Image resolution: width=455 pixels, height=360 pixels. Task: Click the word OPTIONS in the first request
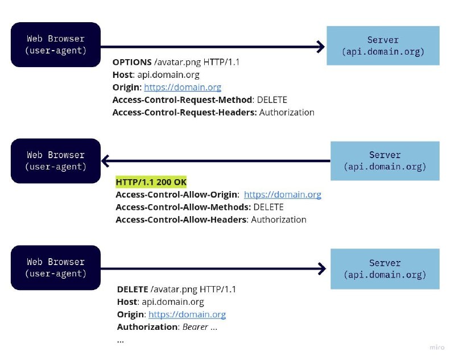[132, 62]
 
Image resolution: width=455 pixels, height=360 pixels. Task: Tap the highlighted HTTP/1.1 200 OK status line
[151, 182]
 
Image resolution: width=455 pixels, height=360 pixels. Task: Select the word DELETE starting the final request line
[133, 289]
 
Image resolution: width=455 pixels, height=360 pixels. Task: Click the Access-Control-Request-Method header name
[182, 100]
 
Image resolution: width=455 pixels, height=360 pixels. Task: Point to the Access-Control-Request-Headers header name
[184, 112]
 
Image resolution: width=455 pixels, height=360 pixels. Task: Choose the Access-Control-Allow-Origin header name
[176, 195]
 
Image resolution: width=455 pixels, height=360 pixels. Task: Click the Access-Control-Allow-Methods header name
[183, 207]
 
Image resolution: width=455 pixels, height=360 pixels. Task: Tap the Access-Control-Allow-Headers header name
[181, 220]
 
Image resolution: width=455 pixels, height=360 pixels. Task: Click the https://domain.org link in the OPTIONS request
[183, 87]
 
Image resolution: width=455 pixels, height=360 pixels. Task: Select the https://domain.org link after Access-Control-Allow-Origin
[282, 195]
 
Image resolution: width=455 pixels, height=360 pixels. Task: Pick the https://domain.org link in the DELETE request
[187, 315]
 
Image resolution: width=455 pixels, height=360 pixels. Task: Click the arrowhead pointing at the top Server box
[321, 47]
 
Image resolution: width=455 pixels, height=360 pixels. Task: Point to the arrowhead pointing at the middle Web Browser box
[105, 161]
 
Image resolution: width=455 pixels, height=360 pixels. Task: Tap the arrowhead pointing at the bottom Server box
[322, 268]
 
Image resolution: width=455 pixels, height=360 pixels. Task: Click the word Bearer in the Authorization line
[195, 327]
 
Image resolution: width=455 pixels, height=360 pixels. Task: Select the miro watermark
[437, 347]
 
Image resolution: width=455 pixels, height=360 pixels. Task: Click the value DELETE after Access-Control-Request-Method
[272, 100]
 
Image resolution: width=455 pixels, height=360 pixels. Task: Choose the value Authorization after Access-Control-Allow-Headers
[279, 220]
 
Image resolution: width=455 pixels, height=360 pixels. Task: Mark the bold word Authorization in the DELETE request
[147, 327]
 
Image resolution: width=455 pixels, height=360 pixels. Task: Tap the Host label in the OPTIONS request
[122, 75]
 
